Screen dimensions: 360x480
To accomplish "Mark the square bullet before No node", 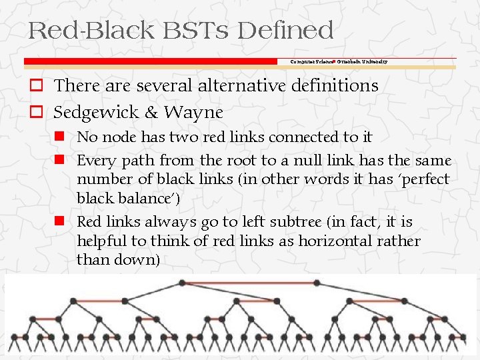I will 60,137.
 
